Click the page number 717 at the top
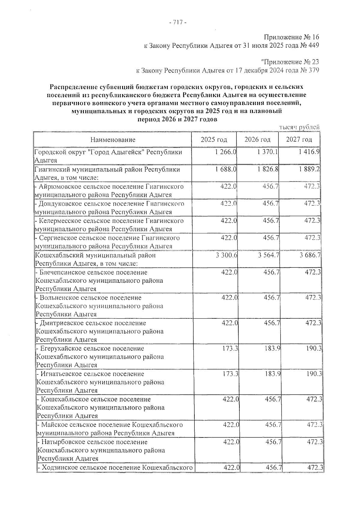click(178, 23)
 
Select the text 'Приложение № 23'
click(290, 62)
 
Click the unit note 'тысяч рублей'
click(299, 127)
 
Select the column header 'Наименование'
click(112, 140)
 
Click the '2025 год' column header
click(214, 140)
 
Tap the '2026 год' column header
click(257, 140)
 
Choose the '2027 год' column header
click(299, 140)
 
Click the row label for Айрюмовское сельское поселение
click(109, 191)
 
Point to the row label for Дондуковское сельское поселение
click(109, 208)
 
